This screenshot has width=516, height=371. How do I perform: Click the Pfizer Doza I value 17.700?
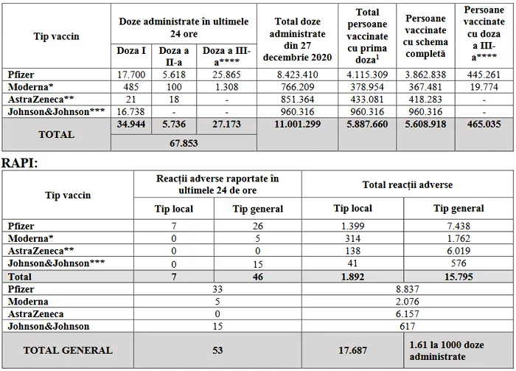131,74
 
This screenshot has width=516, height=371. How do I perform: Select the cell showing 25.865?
226,74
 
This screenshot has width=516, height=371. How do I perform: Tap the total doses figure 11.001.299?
297,124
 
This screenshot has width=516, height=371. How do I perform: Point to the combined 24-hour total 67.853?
184,143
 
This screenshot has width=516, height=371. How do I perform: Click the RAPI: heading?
20,163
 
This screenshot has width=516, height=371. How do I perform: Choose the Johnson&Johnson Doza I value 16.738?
130,111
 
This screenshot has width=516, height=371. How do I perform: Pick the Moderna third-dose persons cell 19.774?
484,87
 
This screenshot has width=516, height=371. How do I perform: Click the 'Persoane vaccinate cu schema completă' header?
425,36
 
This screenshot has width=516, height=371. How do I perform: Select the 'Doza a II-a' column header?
174,56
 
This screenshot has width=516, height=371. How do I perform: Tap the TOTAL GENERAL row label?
68,350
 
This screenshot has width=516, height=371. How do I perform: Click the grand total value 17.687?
352,350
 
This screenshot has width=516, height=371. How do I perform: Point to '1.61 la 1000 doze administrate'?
447,350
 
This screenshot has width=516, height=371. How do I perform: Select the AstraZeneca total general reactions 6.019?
459,251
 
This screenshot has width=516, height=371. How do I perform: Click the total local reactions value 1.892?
352,277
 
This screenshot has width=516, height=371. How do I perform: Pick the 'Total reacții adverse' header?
408,184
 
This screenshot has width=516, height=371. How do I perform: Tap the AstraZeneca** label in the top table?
41,99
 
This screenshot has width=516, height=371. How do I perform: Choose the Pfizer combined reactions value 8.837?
408,289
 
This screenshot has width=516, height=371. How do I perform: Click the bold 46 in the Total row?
258,277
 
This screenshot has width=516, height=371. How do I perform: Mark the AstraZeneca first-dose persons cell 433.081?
367,99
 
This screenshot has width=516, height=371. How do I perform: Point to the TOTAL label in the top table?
56,134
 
